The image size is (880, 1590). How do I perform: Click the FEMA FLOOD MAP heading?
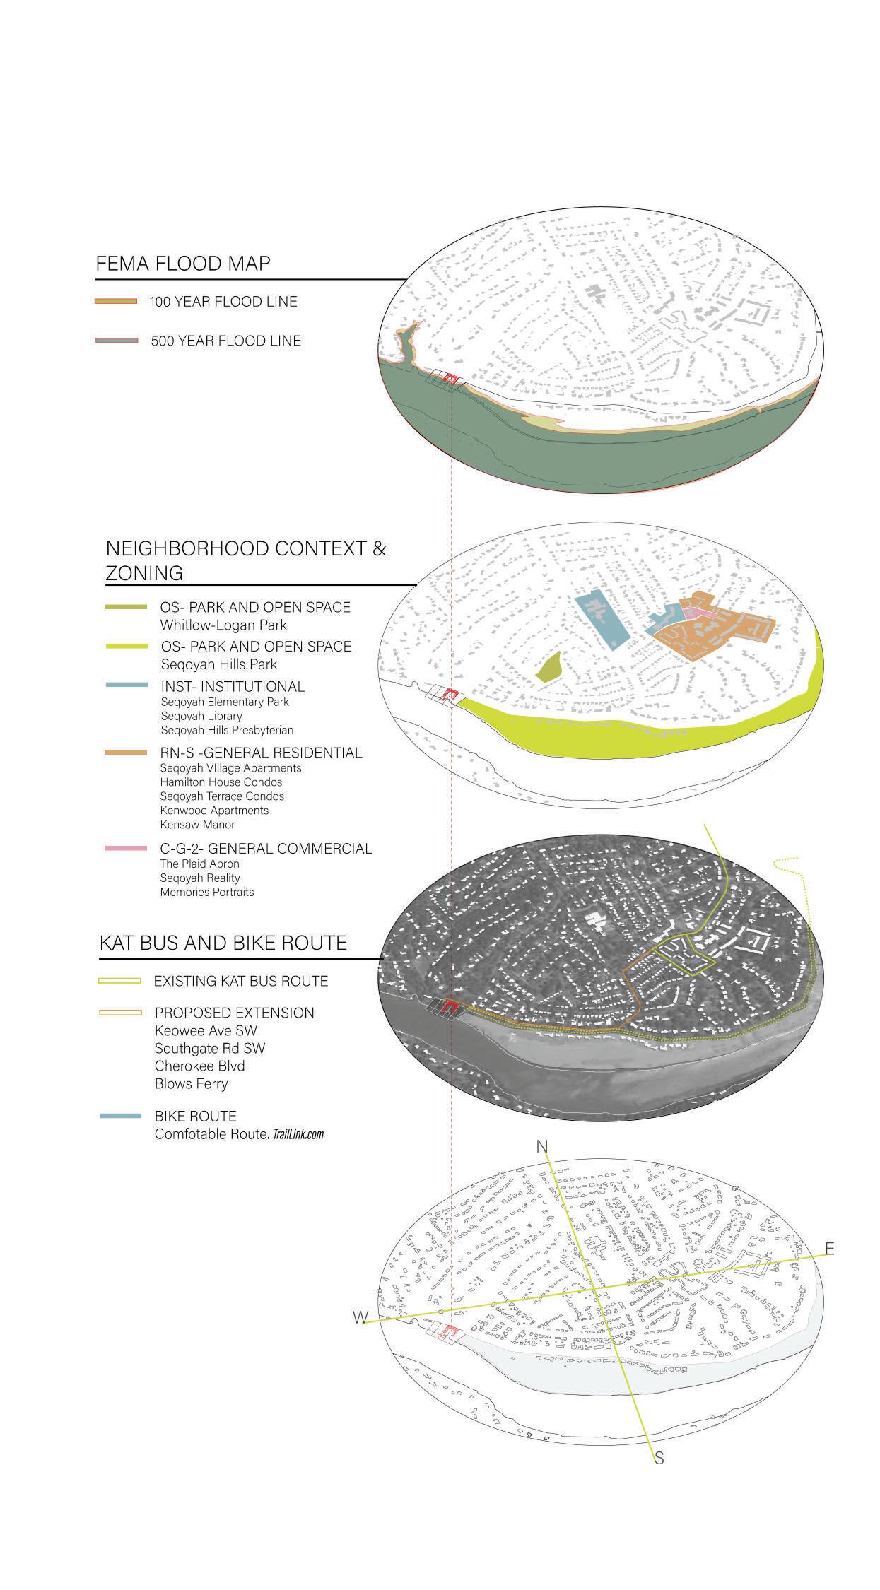click(x=183, y=264)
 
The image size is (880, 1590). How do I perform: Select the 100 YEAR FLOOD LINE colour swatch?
click(x=116, y=302)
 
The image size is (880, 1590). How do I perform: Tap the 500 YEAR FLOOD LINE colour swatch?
click(x=116, y=341)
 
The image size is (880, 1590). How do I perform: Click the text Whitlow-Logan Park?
click(x=223, y=625)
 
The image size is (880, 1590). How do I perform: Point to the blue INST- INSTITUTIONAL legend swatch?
click(x=127, y=685)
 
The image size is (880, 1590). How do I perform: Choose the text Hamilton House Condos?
click(x=221, y=782)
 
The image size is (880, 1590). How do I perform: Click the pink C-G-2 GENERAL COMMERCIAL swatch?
click(x=127, y=848)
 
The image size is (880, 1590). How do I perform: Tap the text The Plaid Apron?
click(x=199, y=864)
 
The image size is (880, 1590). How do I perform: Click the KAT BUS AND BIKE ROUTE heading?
click(x=223, y=943)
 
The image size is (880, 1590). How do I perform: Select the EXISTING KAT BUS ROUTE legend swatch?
click(x=120, y=981)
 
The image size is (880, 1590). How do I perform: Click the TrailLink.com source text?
click(x=298, y=1134)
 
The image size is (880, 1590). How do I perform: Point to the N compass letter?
click(x=543, y=1147)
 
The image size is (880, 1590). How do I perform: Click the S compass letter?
click(x=659, y=1458)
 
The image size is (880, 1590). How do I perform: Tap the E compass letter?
click(x=829, y=1249)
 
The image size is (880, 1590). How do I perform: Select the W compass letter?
click(x=361, y=1318)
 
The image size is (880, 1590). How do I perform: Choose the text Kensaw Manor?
click(x=197, y=825)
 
